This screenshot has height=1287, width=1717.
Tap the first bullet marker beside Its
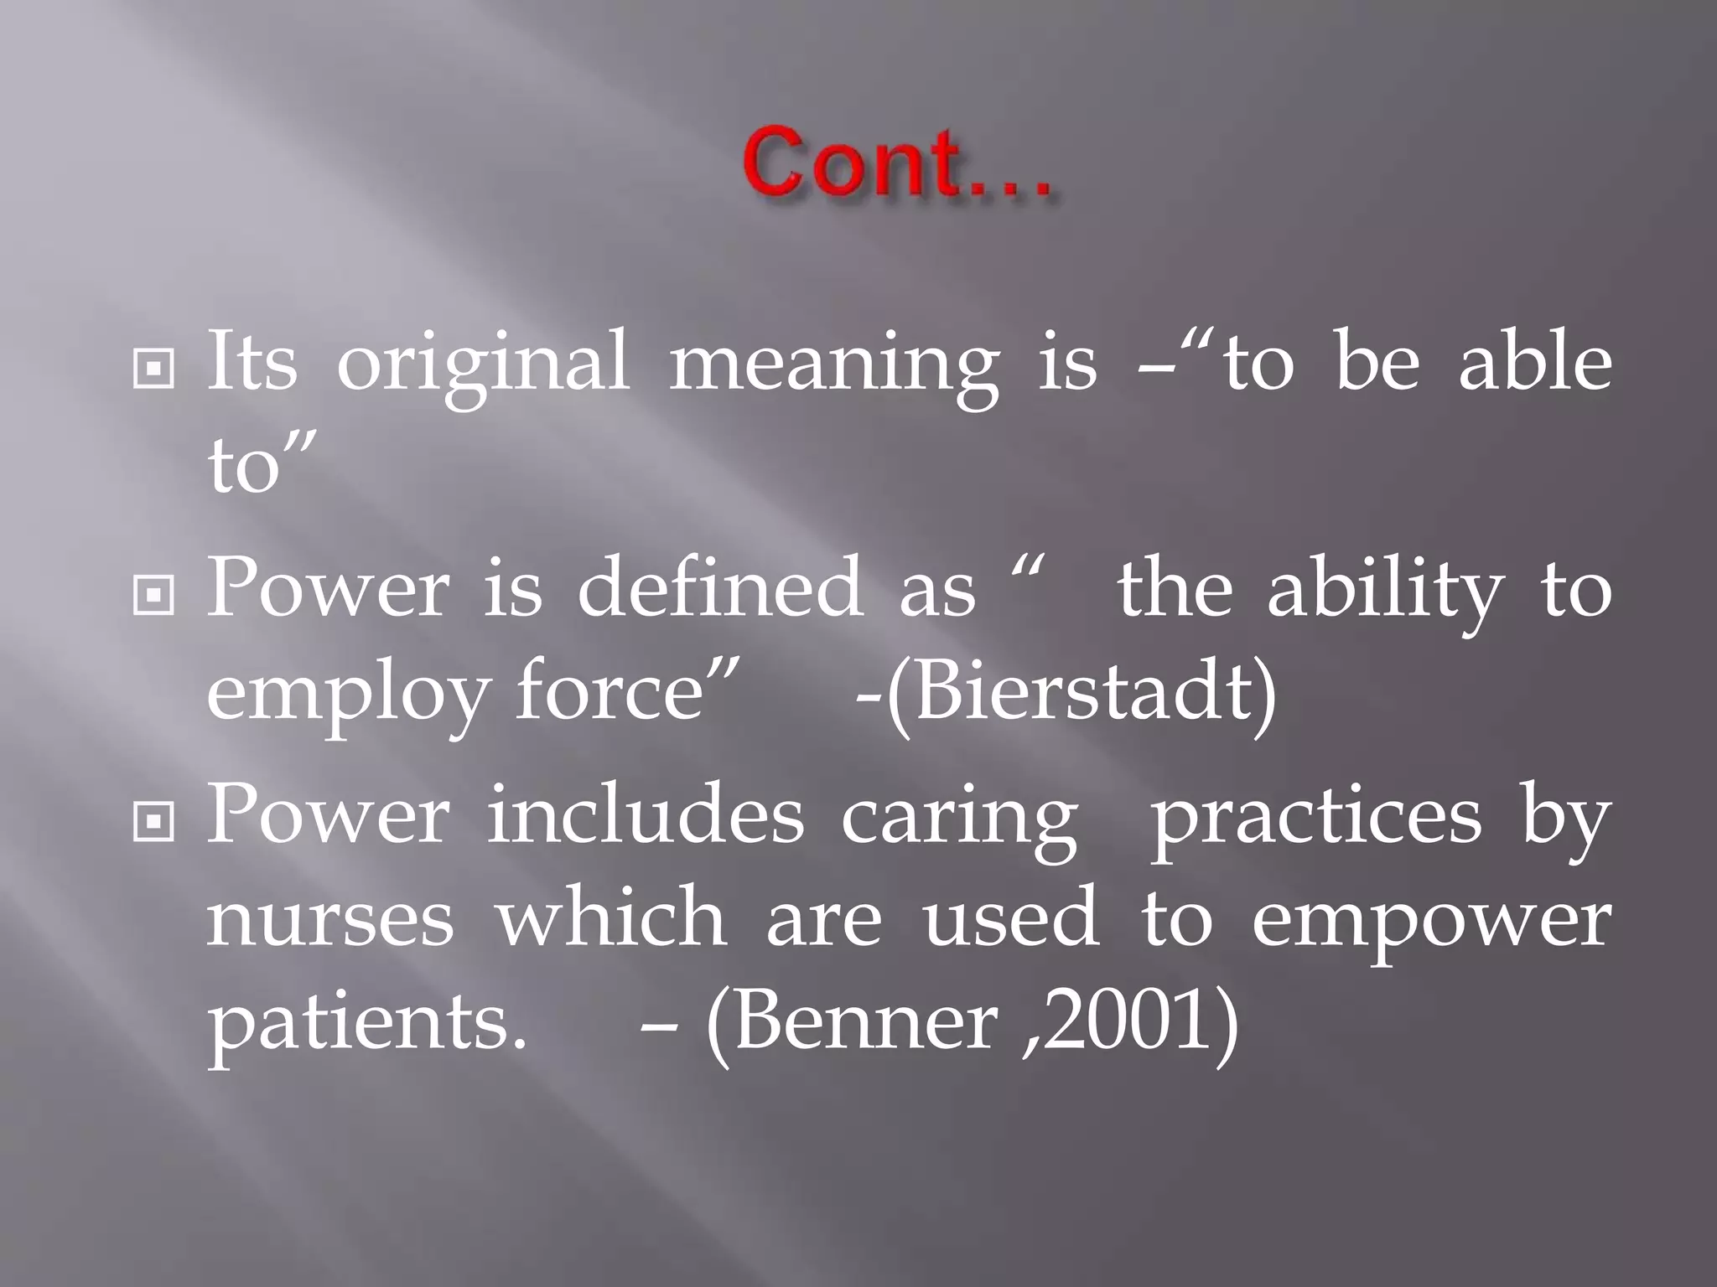coord(153,368)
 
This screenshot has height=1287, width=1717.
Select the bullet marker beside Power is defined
coord(153,594)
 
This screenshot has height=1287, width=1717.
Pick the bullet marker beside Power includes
coord(153,821)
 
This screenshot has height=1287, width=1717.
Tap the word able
coord(1535,362)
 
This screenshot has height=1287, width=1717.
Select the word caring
coord(959,818)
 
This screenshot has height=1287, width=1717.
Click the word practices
coord(1315,818)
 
